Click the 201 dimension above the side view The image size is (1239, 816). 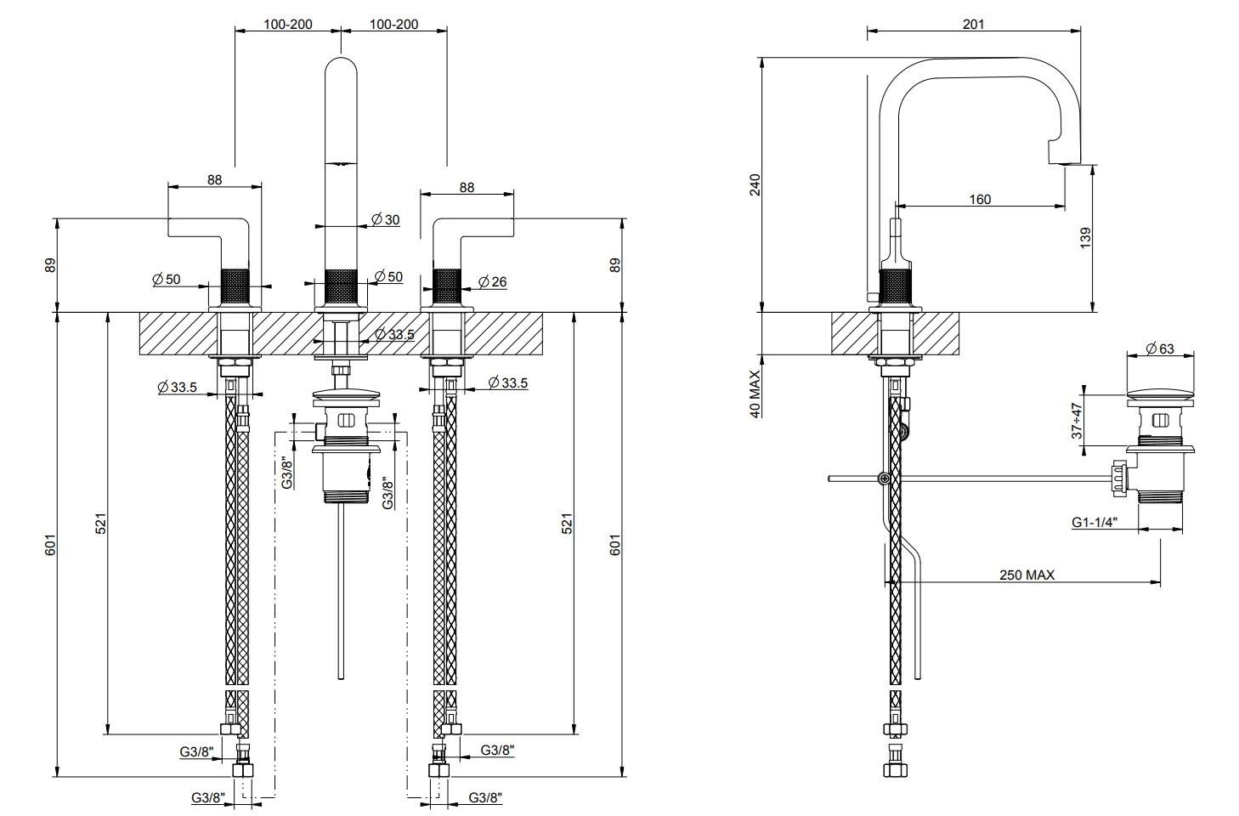[x=973, y=24]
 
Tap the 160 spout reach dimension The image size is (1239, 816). [x=980, y=199]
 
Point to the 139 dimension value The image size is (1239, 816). [x=1085, y=237]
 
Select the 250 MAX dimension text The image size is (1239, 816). [x=1026, y=575]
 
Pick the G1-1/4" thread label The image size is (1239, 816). [x=1094, y=523]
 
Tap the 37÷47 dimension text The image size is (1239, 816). [x=1077, y=421]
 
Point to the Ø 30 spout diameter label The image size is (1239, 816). [x=385, y=219]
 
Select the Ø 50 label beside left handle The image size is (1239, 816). [x=167, y=279]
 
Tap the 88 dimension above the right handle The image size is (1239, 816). [x=467, y=187]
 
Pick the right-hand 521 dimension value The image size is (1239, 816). [x=567, y=523]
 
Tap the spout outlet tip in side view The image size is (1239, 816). [x=1062, y=161]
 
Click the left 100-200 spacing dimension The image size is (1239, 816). [x=287, y=24]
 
